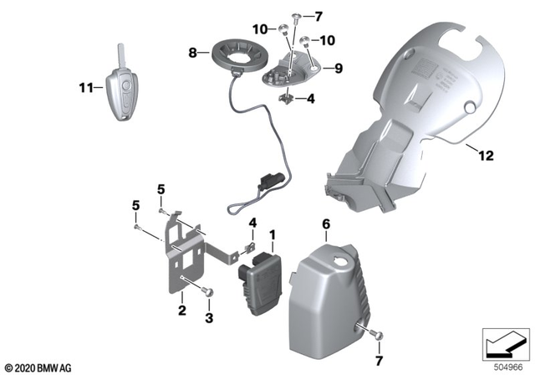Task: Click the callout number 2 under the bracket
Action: pyautogui.click(x=181, y=311)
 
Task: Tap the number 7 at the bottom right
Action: pyautogui.click(x=382, y=361)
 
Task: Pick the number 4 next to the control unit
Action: pyautogui.click(x=251, y=223)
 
